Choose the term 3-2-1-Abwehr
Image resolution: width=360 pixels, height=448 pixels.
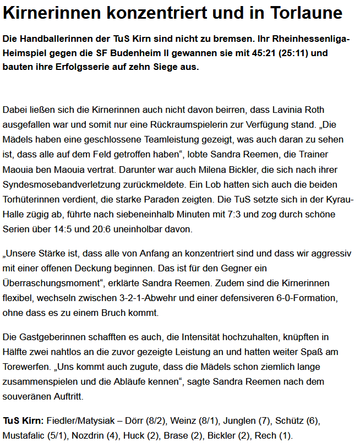pyautogui.click(x=161, y=298)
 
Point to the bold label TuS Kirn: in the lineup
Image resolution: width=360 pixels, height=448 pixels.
pyautogui.click(x=23, y=421)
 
